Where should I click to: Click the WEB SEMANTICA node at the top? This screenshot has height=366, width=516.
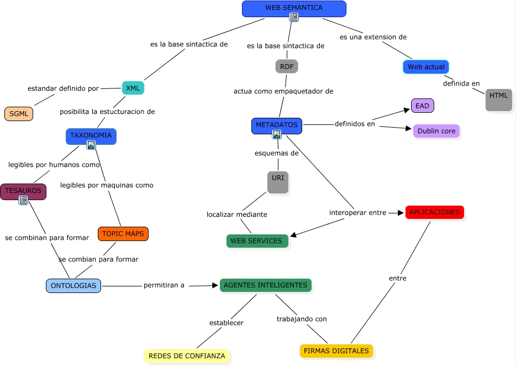pos(294,8)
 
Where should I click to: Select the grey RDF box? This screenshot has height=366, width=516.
pos(287,66)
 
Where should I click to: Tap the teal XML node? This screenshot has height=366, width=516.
pos(133,88)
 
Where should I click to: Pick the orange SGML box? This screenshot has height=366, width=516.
pos(19,114)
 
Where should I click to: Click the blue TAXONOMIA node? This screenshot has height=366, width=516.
pos(91,135)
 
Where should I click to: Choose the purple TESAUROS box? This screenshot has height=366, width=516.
pos(23,191)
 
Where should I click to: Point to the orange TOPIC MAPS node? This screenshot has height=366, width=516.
pos(123,234)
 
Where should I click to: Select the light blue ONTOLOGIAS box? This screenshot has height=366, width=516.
pos(73,286)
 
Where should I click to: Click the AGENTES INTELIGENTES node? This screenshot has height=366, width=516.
pos(265,285)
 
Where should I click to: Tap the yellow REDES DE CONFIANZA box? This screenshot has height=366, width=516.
pos(187,356)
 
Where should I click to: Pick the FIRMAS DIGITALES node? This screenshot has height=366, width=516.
pos(336,351)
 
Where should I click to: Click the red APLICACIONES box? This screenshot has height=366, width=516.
pos(434,212)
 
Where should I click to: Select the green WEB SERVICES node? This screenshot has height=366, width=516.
pos(256,241)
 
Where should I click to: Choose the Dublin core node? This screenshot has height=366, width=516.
pos(436,131)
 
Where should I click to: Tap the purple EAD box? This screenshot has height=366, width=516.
pos(422,105)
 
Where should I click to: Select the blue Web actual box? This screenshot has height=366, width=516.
pos(425,67)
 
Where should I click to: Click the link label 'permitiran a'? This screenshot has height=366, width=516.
pos(164,286)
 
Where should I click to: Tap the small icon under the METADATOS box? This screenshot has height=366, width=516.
pos(277,134)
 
